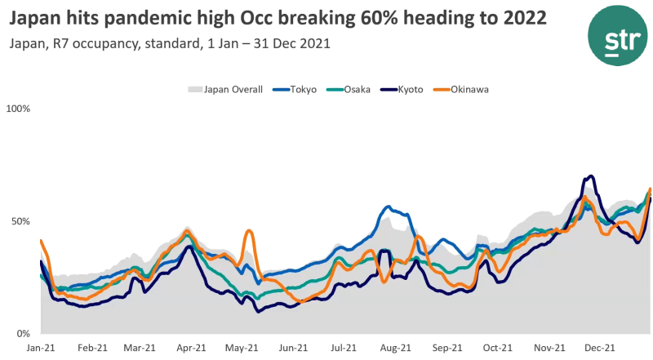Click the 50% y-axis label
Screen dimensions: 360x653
click(20, 221)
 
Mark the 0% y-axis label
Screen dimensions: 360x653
click(23, 334)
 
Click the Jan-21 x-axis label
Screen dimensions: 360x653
click(40, 347)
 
